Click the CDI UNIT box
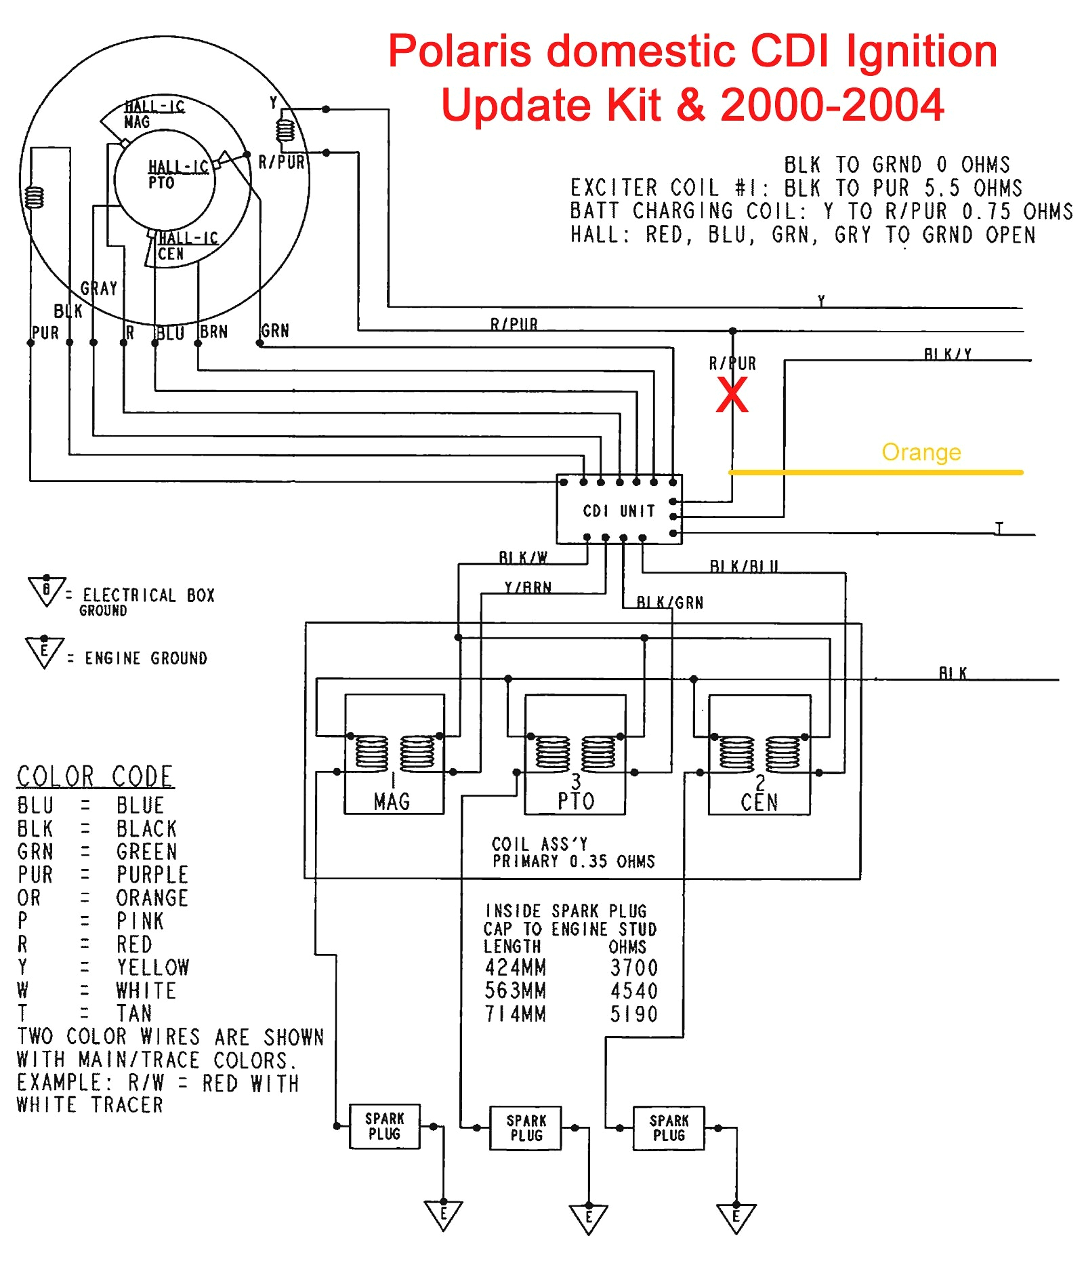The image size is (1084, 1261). point(619,510)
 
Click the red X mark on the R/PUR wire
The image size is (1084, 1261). point(732,395)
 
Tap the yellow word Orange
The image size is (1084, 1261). point(921,452)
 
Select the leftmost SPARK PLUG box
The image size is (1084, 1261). point(384,1126)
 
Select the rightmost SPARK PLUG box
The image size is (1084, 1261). point(669,1128)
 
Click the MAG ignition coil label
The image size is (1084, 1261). point(392,801)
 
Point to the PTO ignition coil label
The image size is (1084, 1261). point(576,801)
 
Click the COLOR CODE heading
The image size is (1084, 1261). point(95,776)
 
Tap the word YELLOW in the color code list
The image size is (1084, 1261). point(152,967)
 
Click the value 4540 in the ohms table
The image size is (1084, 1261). point(633,990)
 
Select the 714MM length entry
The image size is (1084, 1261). point(515,1014)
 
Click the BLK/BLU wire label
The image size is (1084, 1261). point(743,566)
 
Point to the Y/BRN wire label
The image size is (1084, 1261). point(528,587)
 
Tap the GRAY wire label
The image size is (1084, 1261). point(99,289)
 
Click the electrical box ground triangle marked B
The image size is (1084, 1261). point(46,590)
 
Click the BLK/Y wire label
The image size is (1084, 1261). point(947,354)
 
